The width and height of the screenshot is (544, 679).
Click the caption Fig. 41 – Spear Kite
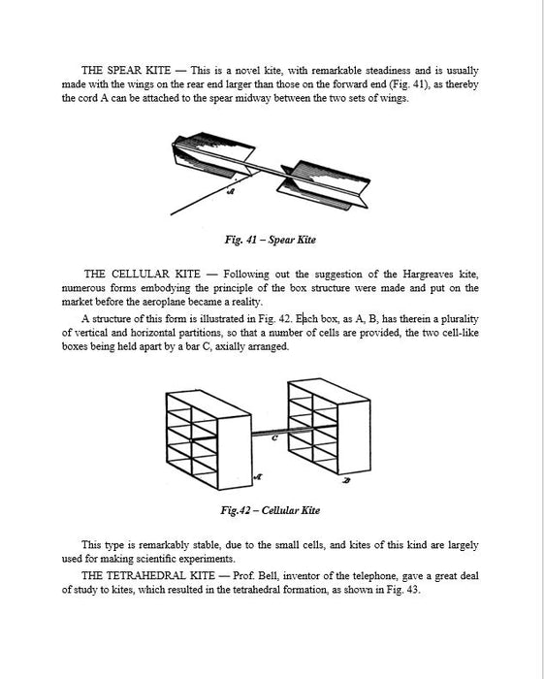(270, 240)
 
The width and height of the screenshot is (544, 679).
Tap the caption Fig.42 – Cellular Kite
(270, 510)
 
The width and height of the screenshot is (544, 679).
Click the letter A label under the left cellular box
(258, 477)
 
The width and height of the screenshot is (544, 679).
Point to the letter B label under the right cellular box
(346, 480)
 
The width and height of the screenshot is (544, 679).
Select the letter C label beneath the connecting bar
(274, 438)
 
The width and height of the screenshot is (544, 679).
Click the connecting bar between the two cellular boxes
(270, 432)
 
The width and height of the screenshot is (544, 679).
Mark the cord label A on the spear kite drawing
(231, 191)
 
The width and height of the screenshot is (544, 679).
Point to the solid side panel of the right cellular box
(354, 436)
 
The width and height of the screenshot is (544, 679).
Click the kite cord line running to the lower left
(204, 197)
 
